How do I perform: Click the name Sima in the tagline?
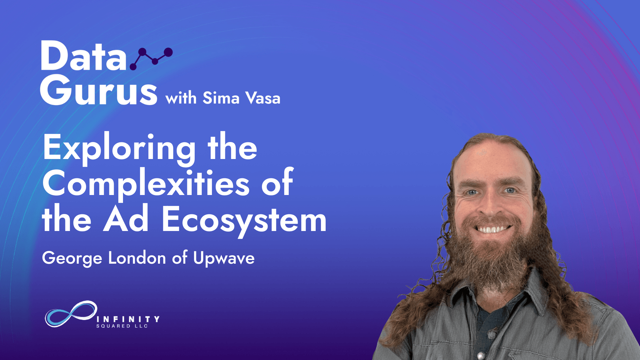coord(221,98)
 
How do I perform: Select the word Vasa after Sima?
coord(263,98)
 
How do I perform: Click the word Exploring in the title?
coord(119,148)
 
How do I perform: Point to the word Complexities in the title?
coord(146,184)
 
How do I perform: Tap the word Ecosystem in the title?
coord(244,220)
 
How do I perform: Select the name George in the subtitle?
coord(72,259)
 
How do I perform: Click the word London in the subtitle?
coord(137,258)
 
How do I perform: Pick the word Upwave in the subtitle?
coord(224,258)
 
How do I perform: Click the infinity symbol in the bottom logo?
coord(71,314)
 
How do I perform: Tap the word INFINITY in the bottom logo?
coord(128,319)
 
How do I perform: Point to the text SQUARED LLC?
coord(122,326)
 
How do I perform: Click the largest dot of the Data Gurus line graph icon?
coord(168,52)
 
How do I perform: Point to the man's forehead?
coord(490,160)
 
